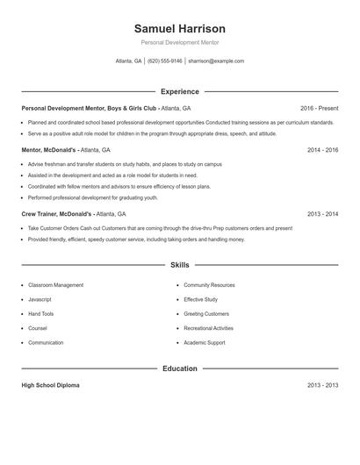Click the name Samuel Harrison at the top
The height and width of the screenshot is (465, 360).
[179, 29]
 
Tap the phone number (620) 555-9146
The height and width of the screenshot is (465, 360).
[165, 61]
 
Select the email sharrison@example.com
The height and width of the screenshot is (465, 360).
[216, 61]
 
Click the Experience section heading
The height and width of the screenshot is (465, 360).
[179, 91]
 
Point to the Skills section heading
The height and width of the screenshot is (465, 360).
[179, 264]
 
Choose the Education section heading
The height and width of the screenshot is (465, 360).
[179, 368]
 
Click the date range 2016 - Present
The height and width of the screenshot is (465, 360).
[319, 108]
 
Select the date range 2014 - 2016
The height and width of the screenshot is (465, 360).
[322, 150]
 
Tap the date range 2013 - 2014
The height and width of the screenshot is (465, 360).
[322, 213]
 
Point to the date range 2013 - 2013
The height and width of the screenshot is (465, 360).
[322, 385]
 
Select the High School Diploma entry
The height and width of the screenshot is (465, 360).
[50, 385]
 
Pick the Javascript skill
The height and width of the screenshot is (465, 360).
[40, 299]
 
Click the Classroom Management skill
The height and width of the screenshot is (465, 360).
[55, 285]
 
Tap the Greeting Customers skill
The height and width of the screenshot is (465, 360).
[205, 313]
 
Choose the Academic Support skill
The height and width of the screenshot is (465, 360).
[204, 342]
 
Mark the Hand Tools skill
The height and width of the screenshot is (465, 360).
[40, 313]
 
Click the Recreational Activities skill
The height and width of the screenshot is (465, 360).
[208, 328]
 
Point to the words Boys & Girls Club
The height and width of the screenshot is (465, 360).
[132, 108]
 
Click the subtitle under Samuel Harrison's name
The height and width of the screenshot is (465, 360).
[179, 42]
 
